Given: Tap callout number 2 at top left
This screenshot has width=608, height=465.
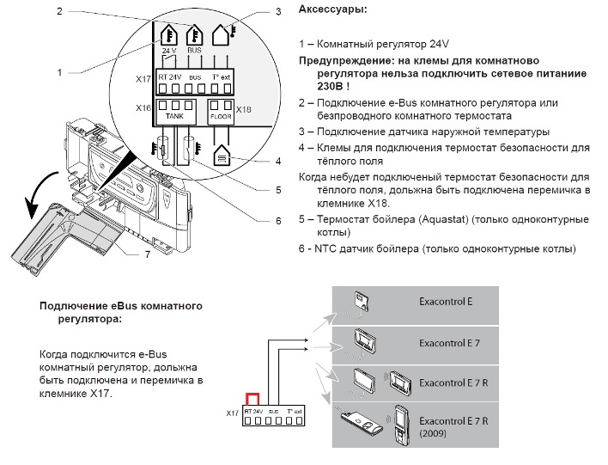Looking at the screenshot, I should pyautogui.click(x=58, y=11).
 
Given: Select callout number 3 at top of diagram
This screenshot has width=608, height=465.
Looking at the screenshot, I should pyautogui.click(x=278, y=12).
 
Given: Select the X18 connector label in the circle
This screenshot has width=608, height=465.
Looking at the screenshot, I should pyautogui.click(x=244, y=109).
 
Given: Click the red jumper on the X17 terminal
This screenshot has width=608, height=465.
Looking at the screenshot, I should pyautogui.click(x=253, y=401).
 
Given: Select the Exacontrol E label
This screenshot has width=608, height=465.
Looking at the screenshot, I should pyautogui.click(x=446, y=303).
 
